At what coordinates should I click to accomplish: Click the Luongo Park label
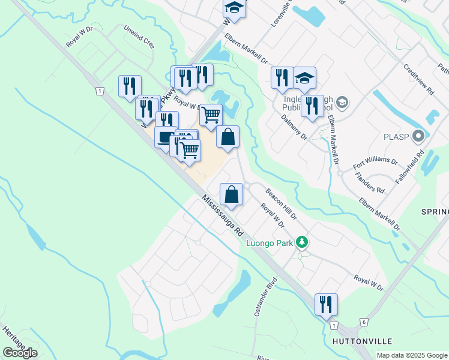tap(269, 243)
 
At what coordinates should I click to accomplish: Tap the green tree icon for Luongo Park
tap(303, 242)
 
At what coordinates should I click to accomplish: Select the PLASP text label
tap(396, 137)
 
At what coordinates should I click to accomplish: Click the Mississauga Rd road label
tap(221, 215)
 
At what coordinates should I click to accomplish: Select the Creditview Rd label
tap(419, 80)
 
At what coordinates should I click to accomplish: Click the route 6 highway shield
tap(364, 322)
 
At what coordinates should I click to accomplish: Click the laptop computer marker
tap(165, 136)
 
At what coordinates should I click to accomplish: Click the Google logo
tap(20, 352)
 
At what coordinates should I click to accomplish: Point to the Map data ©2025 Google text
tap(412, 355)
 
